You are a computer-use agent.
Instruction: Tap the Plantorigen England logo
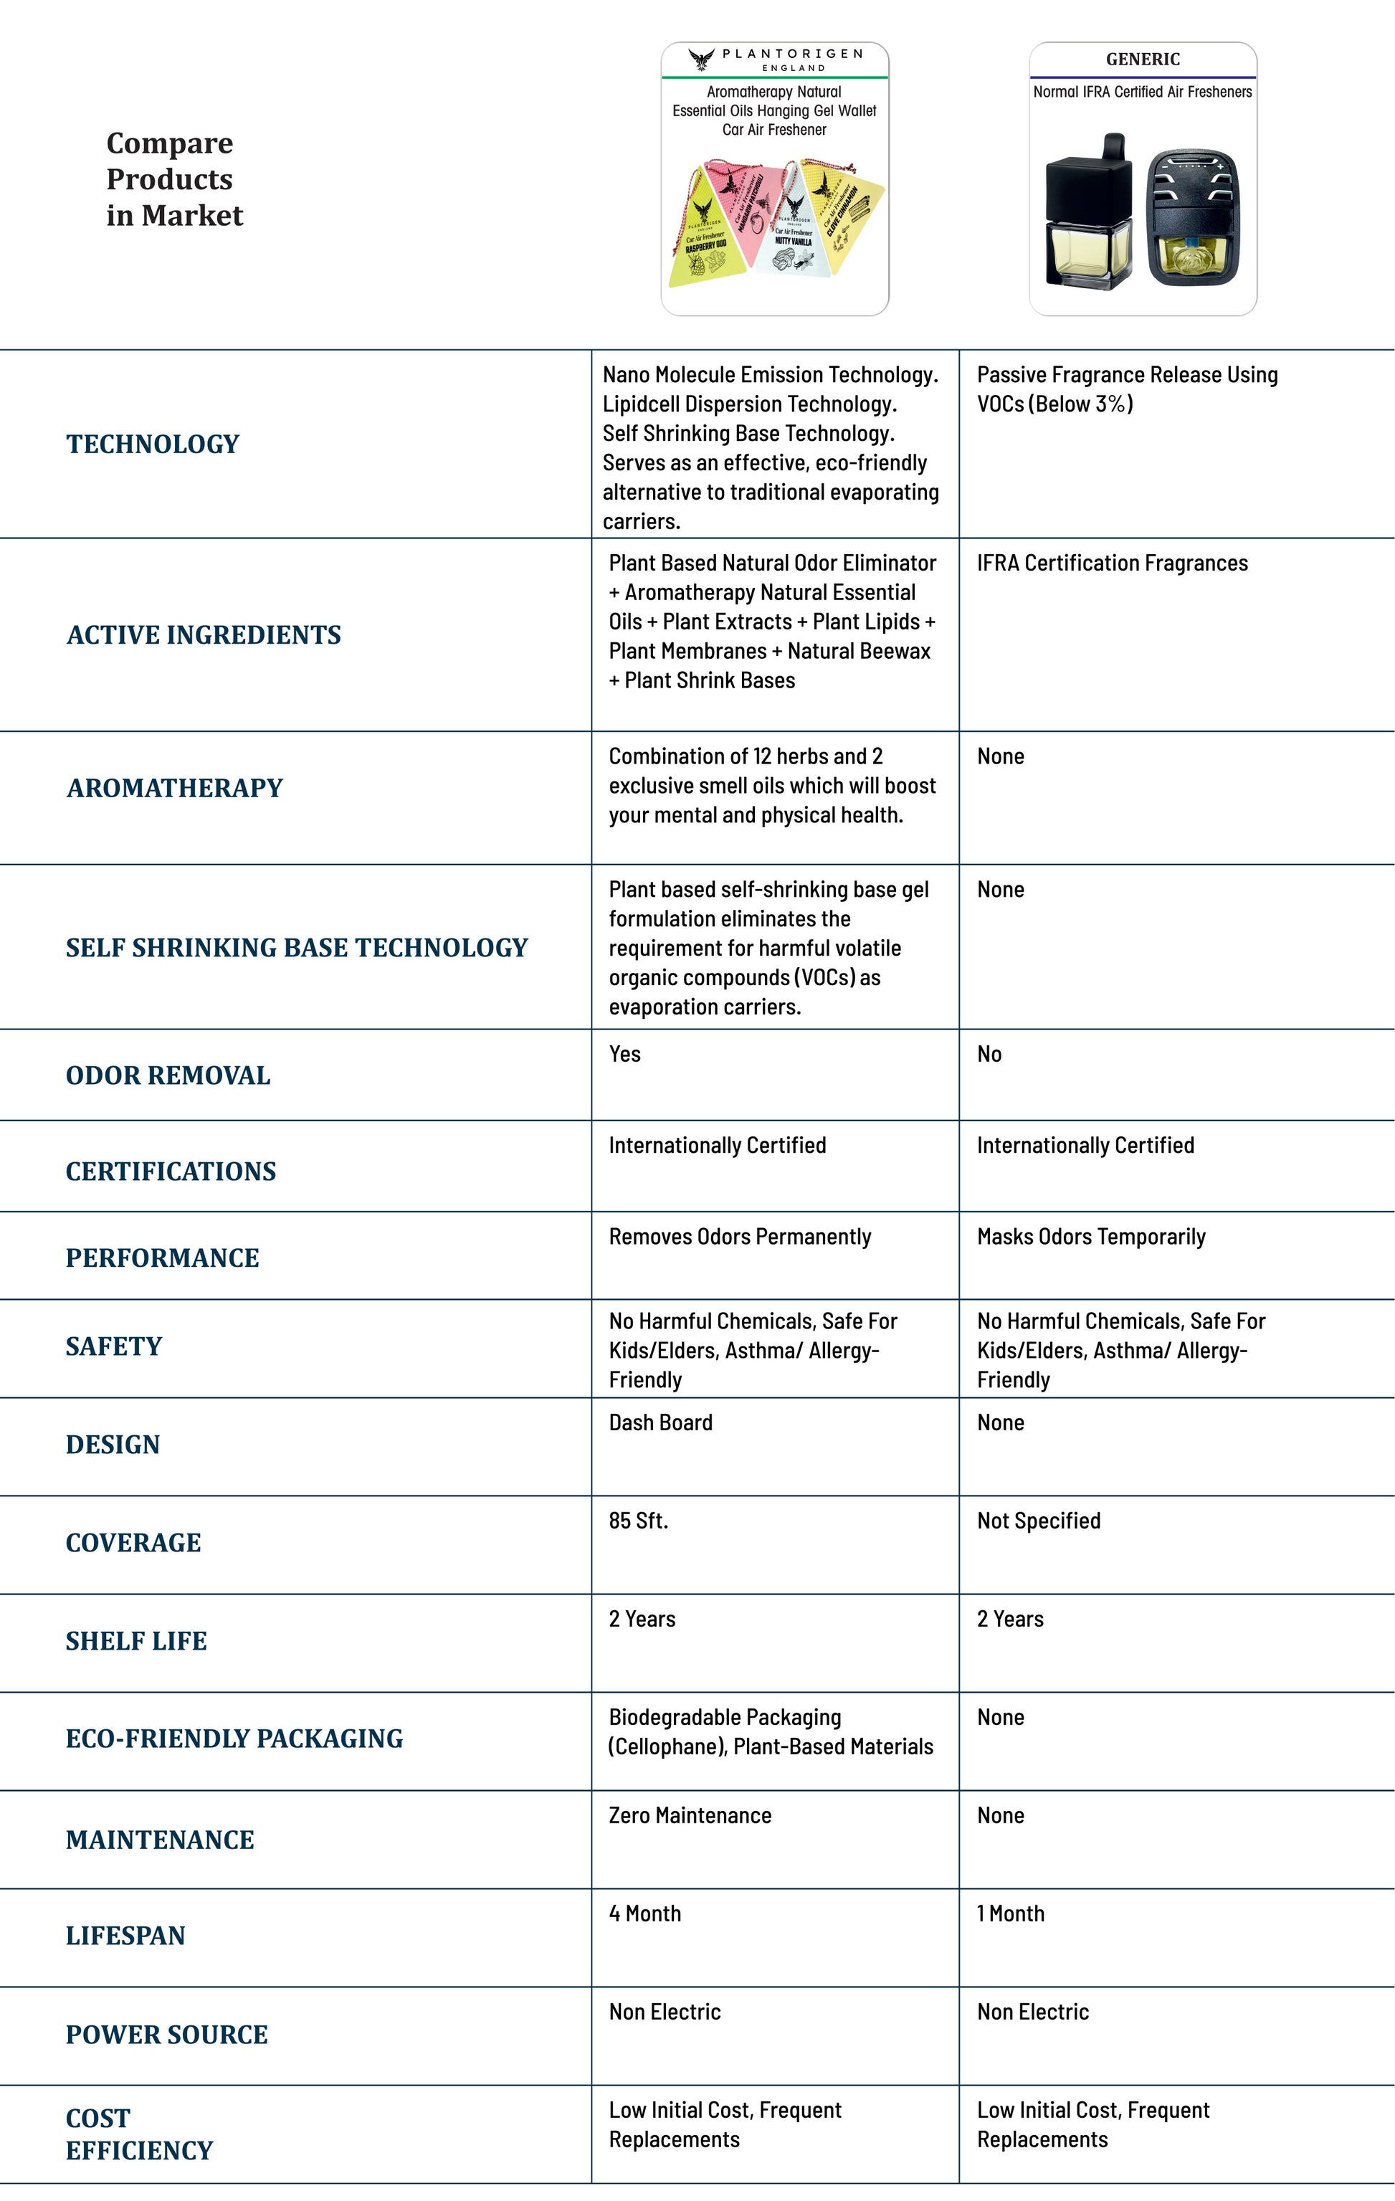(x=774, y=60)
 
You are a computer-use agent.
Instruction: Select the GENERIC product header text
(x=1142, y=60)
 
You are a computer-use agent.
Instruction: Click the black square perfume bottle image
(x=1088, y=215)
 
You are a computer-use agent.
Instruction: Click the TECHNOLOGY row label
(x=153, y=445)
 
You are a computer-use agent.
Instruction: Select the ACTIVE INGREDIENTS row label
(x=203, y=635)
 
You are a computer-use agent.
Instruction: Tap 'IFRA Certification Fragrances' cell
(x=1112, y=563)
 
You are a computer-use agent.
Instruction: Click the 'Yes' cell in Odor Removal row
(x=625, y=1054)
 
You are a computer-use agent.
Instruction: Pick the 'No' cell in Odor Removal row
(x=989, y=1054)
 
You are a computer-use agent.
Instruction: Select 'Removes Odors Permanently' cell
(x=740, y=1237)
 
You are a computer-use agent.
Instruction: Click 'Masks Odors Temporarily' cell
(x=1090, y=1237)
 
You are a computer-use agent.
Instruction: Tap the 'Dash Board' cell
(x=660, y=1422)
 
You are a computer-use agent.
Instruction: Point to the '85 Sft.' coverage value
(x=638, y=1520)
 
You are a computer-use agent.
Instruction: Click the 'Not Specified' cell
(x=1039, y=1520)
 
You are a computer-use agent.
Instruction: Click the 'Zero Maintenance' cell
(x=690, y=1815)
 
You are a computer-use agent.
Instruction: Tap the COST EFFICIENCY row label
(x=139, y=2134)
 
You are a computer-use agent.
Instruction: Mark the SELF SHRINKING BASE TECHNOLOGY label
(x=296, y=948)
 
